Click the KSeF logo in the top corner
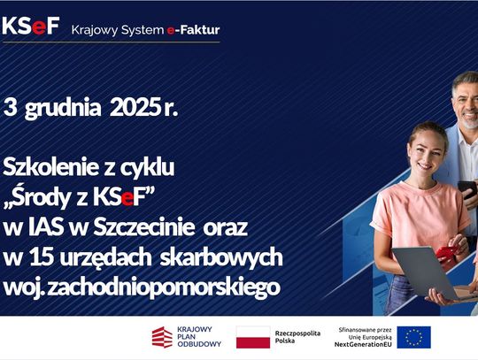[x=31, y=27]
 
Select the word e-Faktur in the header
[x=193, y=29]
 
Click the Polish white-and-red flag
[x=252, y=336]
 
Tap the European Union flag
[x=413, y=336]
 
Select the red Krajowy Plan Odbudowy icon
[x=162, y=336]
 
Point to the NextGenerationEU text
[x=365, y=343]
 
